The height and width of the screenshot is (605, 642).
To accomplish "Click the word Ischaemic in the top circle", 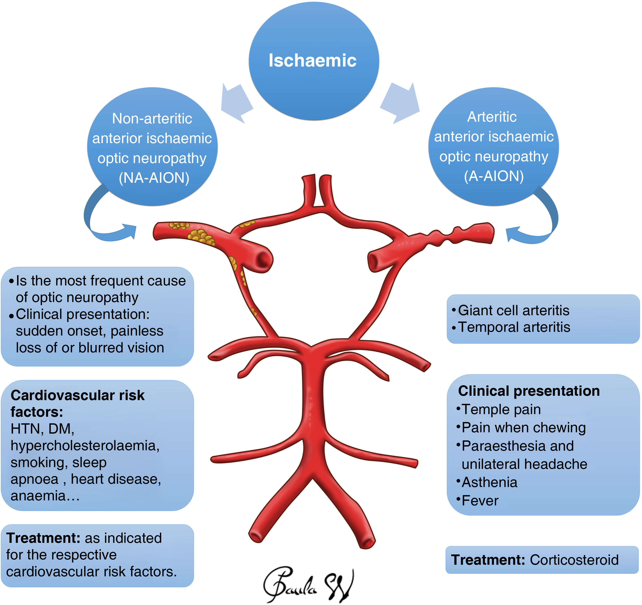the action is [312, 60].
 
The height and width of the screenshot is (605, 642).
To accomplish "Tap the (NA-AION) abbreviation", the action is [154, 178].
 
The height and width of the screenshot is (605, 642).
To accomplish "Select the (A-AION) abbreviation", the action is [494, 176].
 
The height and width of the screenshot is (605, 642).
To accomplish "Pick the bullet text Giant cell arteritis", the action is [513, 310].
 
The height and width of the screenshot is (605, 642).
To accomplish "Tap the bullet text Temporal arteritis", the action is [514, 327].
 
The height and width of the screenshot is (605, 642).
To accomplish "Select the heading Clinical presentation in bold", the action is [529, 391].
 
